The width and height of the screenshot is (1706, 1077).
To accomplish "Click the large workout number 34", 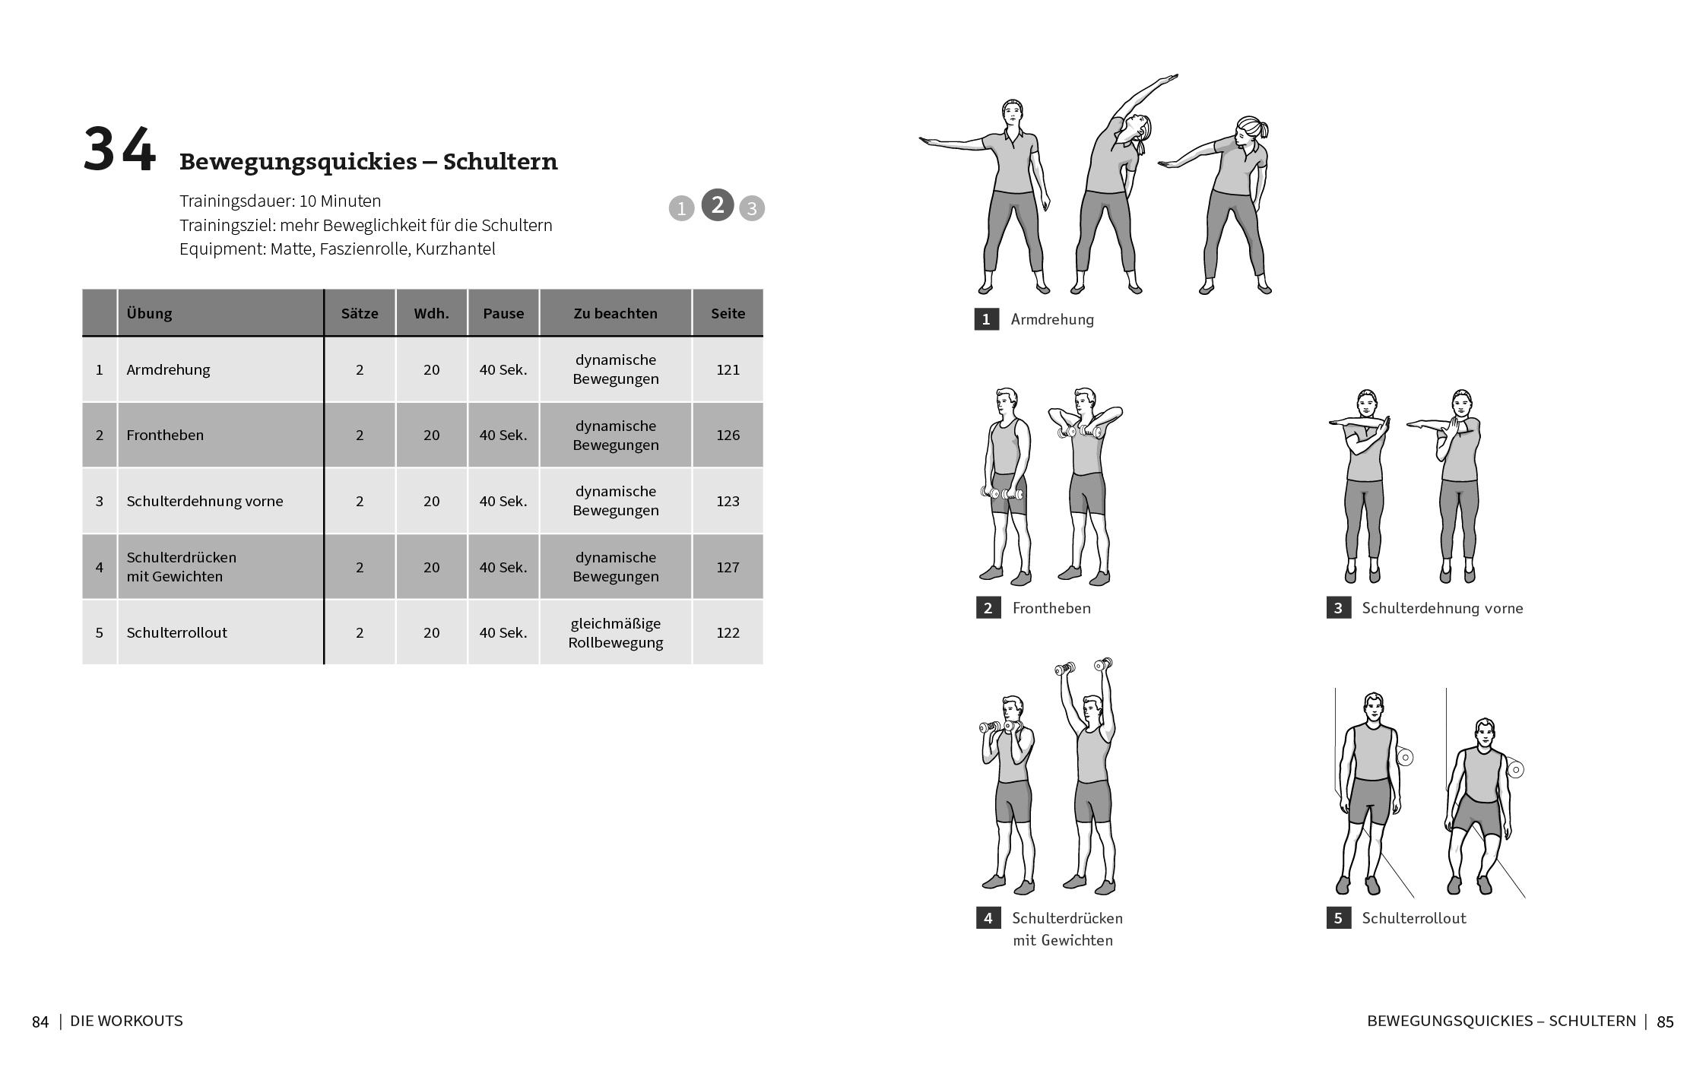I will (119, 150).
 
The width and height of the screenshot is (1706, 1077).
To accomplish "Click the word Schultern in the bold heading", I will (500, 162).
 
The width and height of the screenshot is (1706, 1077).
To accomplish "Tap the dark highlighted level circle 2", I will (717, 204).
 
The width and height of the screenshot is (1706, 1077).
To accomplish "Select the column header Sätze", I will (360, 313).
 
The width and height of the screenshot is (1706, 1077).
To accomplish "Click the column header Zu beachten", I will (615, 313).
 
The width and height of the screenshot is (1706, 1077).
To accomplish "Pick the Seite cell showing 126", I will (728, 435).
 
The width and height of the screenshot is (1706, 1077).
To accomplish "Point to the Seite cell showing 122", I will (728, 632).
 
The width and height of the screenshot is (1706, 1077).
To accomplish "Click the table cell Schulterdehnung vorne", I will (205, 501).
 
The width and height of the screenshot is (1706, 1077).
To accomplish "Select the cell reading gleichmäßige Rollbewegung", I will (615, 632).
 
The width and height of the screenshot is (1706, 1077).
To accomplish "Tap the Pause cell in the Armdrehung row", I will (503, 369).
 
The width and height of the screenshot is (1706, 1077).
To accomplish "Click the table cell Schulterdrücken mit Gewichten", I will (181, 567).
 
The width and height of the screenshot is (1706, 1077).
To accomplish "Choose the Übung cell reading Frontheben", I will (165, 435).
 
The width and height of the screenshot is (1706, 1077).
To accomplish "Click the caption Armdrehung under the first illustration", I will (1051, 319).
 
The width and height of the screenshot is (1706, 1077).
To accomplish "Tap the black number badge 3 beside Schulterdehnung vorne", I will (1338, 608).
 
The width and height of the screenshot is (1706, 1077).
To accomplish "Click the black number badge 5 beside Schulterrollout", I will (1338, 918).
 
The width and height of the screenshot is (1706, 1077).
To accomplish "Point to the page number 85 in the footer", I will (1665, 1022).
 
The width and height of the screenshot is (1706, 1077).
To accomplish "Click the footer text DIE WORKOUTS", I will (126, 1021).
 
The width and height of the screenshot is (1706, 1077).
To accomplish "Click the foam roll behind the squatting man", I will (1515, 770).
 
